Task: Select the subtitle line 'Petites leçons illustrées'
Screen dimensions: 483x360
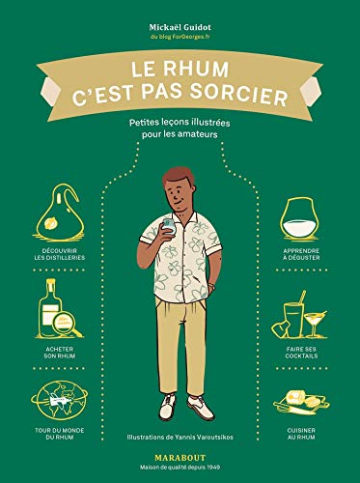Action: [180, 122]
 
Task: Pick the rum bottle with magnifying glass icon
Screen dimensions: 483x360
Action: [56, 311]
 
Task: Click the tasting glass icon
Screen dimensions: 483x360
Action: [302, 217]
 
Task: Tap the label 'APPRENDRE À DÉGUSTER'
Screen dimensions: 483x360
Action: [302, 260]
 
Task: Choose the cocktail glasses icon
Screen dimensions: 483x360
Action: [302, 317]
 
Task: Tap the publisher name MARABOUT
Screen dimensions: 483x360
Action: [180, 460]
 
